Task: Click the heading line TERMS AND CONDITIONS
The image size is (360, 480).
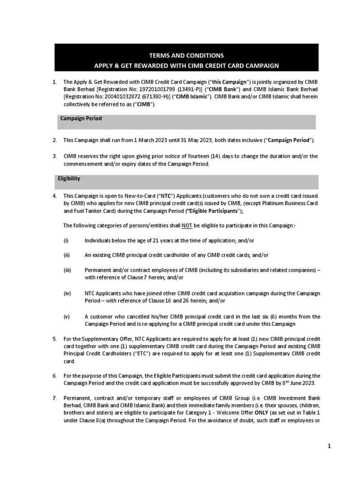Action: tap(186, 55)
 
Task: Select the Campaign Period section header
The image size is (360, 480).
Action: tap(81, 119)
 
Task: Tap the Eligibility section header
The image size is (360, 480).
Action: tap(69, 179)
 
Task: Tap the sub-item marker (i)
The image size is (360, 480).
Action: tap(66, 240)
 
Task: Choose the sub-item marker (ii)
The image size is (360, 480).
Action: tap(67, 255)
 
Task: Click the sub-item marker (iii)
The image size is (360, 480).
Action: tap(67, 270)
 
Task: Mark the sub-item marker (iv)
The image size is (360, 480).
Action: tap(67, 293)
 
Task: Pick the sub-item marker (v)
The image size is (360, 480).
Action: tap(67, 316)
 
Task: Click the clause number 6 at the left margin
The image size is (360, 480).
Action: tap(54, 376)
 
